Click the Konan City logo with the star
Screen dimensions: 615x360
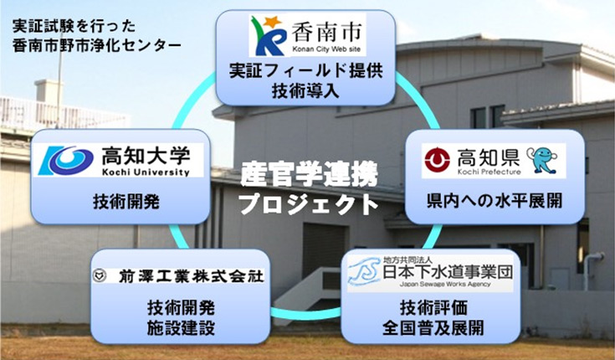click(268, 35)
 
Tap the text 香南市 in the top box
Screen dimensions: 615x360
click(326, 32)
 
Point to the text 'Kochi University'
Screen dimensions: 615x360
click(146, 172)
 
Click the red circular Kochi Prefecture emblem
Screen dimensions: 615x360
click(437, 160)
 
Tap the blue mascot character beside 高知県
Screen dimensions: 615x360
click(541, 160)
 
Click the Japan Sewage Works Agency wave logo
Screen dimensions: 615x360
click(364, 272)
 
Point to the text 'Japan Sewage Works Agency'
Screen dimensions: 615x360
click(445, 284)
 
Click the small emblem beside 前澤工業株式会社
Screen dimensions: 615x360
click(100, 275)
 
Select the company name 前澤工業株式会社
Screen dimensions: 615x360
click(191, 276)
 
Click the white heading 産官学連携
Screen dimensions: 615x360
click(309, 174)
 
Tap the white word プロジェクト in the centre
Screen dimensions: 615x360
click(309, 203)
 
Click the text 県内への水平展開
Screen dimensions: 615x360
click(495, 200)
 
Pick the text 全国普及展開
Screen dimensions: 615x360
click(433, 328)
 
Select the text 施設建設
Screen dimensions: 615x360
click(181, 328)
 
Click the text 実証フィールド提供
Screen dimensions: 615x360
click(305, 70)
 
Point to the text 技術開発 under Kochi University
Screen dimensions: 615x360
click(126, 202)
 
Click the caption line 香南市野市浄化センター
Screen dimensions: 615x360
click(96, 45)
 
